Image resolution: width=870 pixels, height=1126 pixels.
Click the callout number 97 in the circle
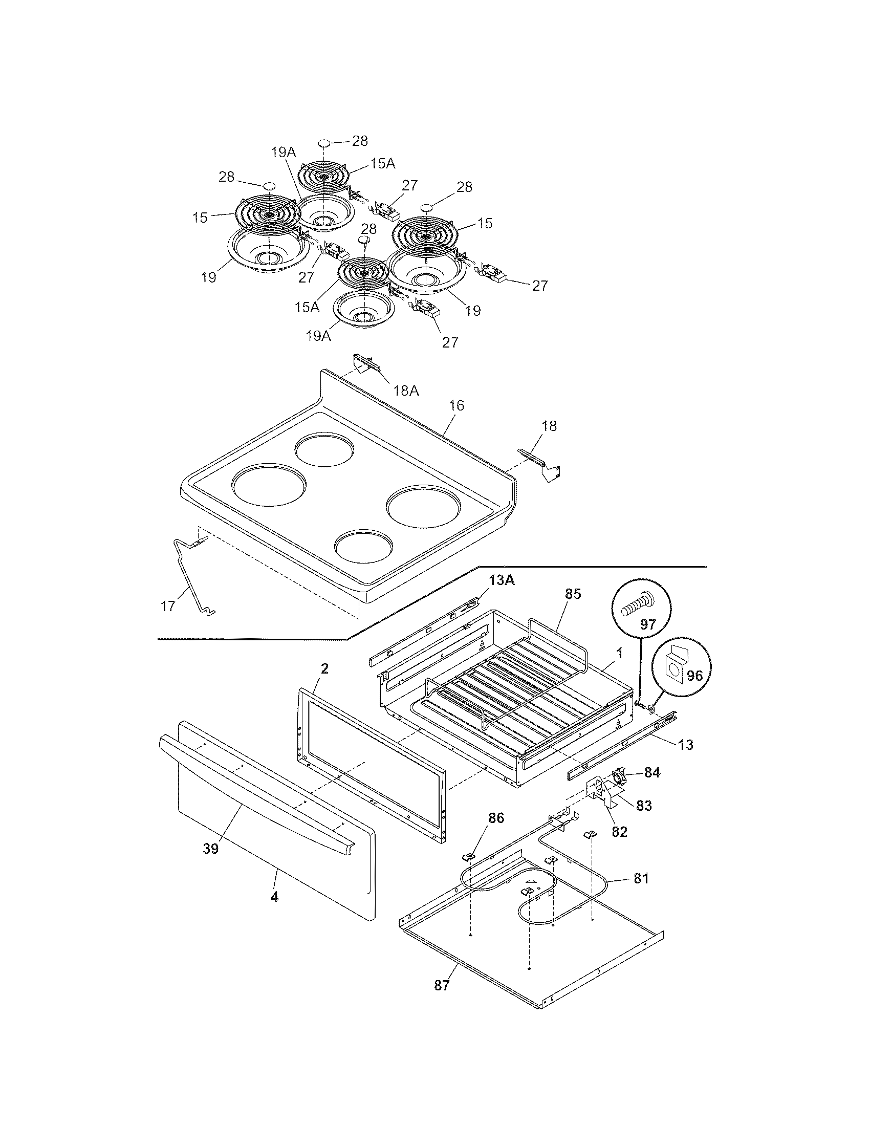tap(647, 625)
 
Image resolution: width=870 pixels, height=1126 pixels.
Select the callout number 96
tap(694, 676)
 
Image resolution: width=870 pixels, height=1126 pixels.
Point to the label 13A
tap(502, 580)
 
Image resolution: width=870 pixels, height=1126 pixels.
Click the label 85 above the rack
tap(573, 594)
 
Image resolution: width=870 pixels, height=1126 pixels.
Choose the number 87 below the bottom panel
tap(442, 986)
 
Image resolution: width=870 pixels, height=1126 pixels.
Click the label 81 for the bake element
tap(641, 878)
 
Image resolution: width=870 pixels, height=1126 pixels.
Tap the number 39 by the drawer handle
tap(211, 849)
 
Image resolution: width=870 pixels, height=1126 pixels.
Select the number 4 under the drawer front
tap(274, 897)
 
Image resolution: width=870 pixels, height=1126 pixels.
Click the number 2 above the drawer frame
tap(324, 669)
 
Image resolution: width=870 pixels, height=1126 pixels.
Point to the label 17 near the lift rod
tap(168, 606)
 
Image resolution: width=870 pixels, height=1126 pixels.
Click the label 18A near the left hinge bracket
tap(406, 391)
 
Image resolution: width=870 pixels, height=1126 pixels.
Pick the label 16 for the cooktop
tap(456, 406)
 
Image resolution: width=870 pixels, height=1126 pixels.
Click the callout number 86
tap(496, 818)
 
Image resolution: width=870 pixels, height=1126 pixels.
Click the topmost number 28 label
tap(360, 140)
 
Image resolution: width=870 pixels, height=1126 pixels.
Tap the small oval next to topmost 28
tap(323, 142)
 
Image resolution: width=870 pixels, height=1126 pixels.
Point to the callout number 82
tap(619, 832)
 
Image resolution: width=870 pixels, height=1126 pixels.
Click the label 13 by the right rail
tap(685, 745)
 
